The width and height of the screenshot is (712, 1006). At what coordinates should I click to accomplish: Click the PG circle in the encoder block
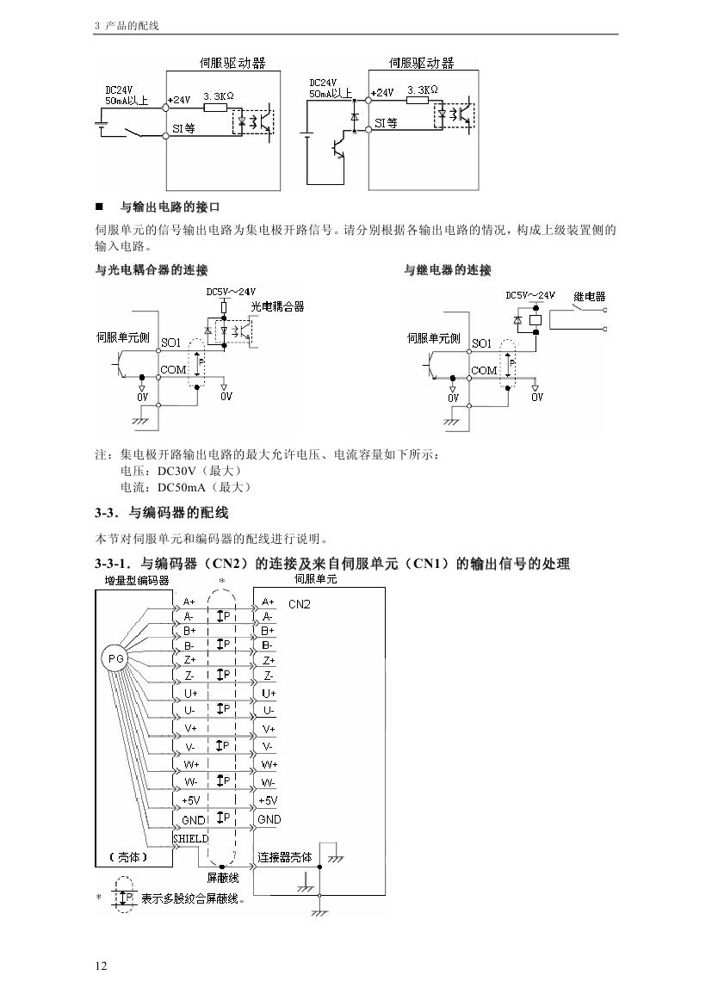coord(115,658)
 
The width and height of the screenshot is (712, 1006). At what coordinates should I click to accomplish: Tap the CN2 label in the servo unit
coord(299,604)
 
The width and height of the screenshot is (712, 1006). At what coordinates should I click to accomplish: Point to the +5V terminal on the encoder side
coord(190,800)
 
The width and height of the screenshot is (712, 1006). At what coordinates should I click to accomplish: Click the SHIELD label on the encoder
coord(190,837)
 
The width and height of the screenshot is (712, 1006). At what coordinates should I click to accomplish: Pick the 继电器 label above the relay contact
coord(589,297)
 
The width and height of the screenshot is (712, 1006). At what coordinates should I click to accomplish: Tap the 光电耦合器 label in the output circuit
coord(277,306)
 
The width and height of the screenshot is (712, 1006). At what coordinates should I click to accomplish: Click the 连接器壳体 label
coord(285,857)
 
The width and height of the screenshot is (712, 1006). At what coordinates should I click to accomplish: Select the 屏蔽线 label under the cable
coord(222,879)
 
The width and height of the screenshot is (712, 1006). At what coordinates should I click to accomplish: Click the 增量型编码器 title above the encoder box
coord(131,581)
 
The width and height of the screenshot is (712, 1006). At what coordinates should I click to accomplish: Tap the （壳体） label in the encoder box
coord(128,857)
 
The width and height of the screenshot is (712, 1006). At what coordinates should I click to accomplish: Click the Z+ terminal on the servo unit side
coord(269,659)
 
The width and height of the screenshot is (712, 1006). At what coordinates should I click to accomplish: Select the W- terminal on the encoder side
coord(190,782)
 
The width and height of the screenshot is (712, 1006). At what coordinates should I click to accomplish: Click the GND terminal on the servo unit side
coord(269,820)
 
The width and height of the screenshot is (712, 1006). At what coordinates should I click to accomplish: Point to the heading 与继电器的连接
coord(448,271)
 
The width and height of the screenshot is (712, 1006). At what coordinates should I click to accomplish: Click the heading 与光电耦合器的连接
coord(151,271)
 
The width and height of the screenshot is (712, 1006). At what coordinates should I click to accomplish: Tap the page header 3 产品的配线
coord(127,26)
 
